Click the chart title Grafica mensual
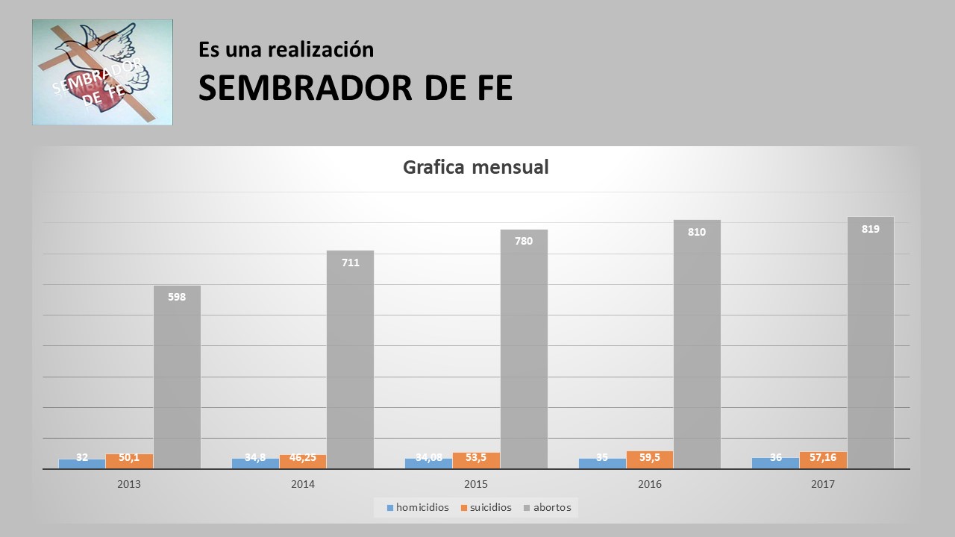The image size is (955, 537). click(475, 167)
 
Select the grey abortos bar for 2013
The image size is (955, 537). click(177, 377)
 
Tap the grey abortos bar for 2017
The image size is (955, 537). click(870, 343)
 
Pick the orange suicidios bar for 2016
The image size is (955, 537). click(650, 460)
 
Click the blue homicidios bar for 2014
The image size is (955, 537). click(255, 463)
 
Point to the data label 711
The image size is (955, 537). click(351, 263)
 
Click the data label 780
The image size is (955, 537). click(524, 241)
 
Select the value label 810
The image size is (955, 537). click(697, 232)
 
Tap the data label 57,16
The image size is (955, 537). click(823, 457)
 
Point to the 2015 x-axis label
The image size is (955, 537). click(476, 484)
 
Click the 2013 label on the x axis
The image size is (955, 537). click(129, 484)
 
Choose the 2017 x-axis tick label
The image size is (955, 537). click(823, 484)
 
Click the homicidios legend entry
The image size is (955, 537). click(418, 508)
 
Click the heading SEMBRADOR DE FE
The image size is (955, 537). click(355, 88)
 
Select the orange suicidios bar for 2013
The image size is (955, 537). click(129, 461)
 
